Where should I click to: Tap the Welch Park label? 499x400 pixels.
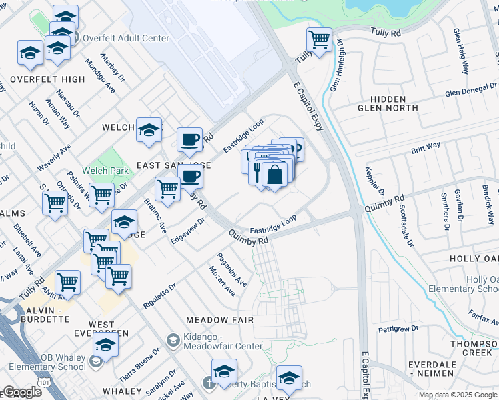click(x=105, y=171)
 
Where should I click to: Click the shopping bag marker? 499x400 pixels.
click(x=274, y=175)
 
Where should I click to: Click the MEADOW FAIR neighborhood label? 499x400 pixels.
click(x=219, y=320)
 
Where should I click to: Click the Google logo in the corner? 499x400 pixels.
click(x=22, y=392)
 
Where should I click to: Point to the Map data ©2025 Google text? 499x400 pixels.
click(x=458, y=395)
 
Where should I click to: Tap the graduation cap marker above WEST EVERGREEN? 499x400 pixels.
click(x=105, y=344)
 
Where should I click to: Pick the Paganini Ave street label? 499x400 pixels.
click(x=231, y=270)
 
